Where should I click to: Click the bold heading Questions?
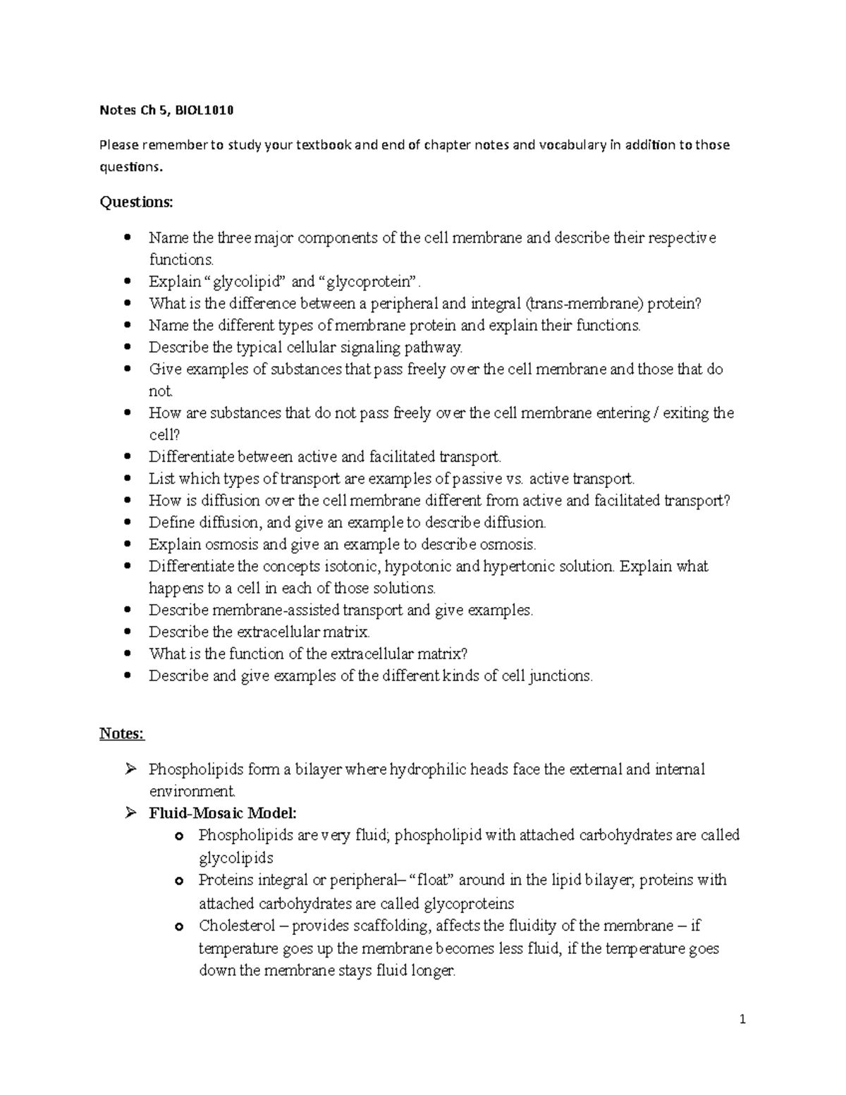(135, 202)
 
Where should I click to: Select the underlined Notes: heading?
(121, 733)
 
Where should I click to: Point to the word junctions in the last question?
(557, 675)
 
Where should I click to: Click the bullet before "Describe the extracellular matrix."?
(127, 632)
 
